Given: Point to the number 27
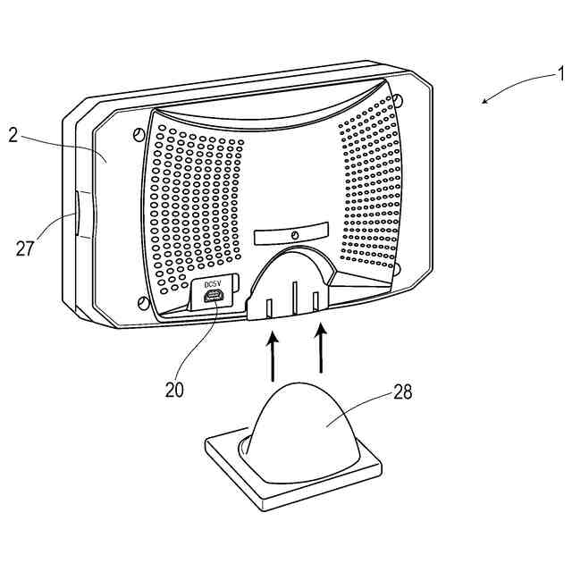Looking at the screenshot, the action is pyautogui.click(x=26, y=248).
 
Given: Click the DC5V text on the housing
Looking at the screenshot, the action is pyautogui.click(x=212, y=285).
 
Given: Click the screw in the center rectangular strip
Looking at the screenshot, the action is pyautogui.click(x=293, y=234).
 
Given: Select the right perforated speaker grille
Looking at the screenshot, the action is pyautogui.click(x=371, y=179).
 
